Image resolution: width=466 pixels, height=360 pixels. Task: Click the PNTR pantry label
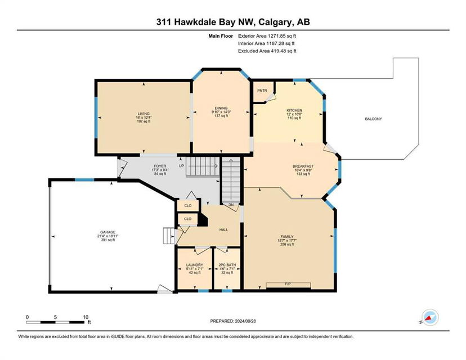point(262,91)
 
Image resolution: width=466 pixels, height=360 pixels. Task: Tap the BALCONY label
point(373,119)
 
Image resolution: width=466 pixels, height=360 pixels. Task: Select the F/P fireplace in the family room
point(288,285)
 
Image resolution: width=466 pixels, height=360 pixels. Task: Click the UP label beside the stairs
point(181,166)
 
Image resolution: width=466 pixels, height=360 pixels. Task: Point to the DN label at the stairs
point(231,205)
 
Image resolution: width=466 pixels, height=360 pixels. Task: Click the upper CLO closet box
point(188,205)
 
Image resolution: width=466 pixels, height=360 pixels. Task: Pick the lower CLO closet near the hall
point(188,219)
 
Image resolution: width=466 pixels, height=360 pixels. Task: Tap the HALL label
point(223,229)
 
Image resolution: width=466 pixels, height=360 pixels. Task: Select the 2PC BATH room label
point(227,264)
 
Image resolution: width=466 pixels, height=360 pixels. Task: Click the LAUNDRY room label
point(194,264)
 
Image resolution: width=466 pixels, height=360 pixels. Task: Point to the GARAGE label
point(107,232)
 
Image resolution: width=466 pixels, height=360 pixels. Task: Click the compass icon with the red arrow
point(430,317)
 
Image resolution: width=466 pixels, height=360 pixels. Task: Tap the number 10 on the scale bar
point(86,317)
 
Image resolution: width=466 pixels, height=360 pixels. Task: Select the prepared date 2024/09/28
point(245,321)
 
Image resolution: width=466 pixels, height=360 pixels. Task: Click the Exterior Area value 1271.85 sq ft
point(282,36)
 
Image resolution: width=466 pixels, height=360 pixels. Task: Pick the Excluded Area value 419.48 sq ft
point(283,51)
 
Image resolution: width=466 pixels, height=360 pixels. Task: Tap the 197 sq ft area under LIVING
point(144,121)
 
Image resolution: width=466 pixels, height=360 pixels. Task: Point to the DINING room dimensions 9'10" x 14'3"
point(221,112)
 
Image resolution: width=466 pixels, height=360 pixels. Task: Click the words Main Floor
point(221,36)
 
